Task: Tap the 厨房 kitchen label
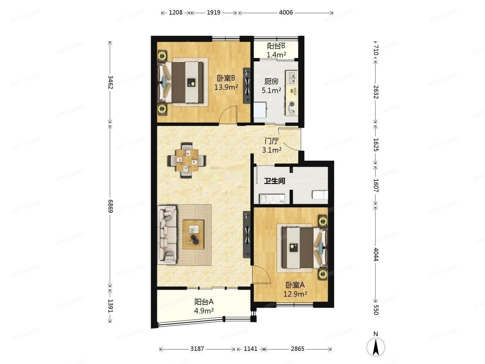(271, 82)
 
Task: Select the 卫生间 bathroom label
(274, 181)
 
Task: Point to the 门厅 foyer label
(271, 141)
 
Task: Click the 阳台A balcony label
(204, 302)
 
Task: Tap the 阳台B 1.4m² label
(276, 50)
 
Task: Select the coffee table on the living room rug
(193, 234)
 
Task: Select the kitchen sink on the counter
(292, 78)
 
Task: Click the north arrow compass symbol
(376, 346)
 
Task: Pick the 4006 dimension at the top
(286, 12)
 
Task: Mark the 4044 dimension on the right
(376, 254)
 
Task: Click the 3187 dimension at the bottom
(197, 349)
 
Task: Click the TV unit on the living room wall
(247, 235)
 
